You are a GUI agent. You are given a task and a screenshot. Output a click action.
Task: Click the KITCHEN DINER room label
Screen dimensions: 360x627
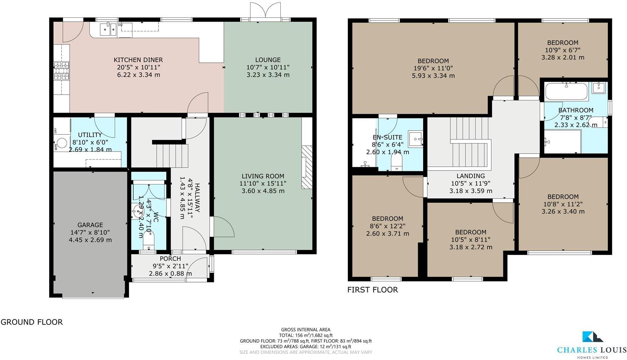point(138,60)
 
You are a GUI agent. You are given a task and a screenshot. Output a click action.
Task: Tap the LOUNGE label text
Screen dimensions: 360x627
point(268,60)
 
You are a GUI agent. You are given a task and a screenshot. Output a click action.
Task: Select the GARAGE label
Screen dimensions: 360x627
point(90,225)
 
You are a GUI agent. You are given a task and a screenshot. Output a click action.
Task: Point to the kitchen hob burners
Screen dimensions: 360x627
point(61,71)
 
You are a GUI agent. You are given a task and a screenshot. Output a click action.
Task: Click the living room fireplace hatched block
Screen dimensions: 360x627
point(306,167)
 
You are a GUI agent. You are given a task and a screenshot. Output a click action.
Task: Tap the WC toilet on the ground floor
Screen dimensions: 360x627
point(148,241)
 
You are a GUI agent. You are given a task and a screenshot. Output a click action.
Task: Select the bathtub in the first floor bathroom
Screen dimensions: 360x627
point(566,91)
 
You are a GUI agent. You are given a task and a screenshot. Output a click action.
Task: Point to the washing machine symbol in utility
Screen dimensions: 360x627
point(62,143)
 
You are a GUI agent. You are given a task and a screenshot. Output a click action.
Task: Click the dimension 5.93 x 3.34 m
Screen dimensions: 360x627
point(433,76)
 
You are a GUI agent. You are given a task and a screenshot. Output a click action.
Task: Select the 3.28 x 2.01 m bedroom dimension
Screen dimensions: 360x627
point(563,57)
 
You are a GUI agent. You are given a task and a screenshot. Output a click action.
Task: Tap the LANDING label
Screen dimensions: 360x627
point(470,176)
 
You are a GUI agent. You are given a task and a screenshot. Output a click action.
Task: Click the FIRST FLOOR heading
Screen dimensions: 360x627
point(372,290)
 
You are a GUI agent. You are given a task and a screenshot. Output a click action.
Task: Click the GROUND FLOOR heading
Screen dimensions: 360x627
point(32,322)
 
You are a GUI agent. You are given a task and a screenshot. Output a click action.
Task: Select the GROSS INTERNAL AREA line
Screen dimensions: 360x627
point(305,330)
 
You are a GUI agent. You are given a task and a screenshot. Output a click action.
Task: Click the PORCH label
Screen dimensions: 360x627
point(170,259)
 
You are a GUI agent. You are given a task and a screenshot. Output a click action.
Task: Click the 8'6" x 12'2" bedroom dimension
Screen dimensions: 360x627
point(387,226)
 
